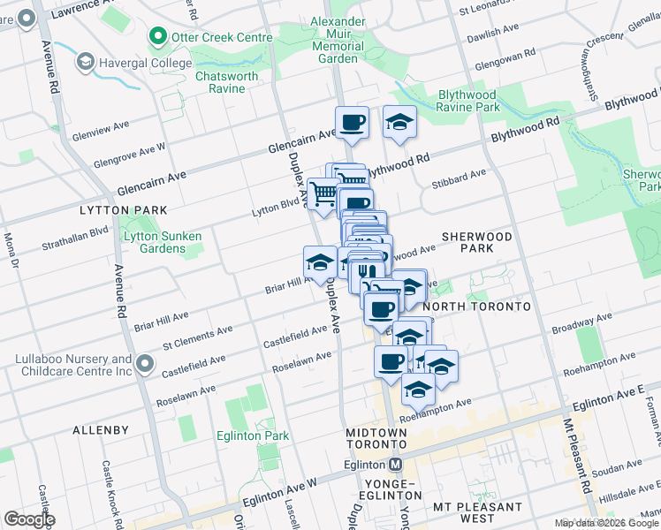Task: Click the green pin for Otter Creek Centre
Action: pyautogui.click(x=159, y=36)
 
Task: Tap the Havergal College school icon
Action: pyautogui.click(x=86, y=62)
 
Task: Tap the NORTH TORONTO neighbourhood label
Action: pyautogui.click(x=476, y=307)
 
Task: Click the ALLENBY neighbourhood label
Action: pyautogui.click(x=101, y=430)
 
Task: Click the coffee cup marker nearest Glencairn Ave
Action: pyautogui.click(x=352, y=122)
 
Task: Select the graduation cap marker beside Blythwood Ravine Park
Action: pyautogui.click(x=399, y=122)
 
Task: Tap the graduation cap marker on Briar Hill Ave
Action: pyautogui.click(x=320, y=261)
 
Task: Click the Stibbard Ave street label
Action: pyautogui.click(x=460, y=174)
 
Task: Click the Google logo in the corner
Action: pyautogui.click(x=30, y=519)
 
